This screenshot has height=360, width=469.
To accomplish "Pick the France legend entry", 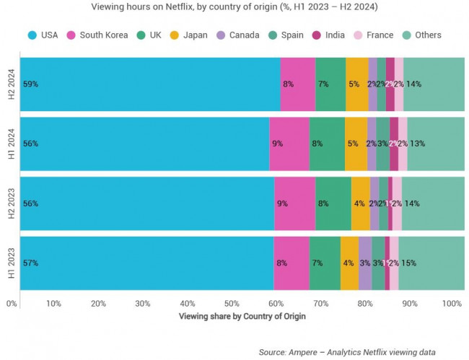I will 374,35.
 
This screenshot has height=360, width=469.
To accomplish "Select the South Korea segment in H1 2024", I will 289,143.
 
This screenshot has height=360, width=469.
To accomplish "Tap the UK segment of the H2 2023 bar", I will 333,203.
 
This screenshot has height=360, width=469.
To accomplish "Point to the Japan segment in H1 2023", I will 349,263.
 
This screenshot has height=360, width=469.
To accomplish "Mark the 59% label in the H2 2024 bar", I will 30,84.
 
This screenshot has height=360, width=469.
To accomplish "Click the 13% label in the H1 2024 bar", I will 417,143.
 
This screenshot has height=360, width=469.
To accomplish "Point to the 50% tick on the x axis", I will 232,303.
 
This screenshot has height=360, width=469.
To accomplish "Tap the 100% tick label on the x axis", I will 452,303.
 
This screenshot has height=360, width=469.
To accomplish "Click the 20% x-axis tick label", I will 98,303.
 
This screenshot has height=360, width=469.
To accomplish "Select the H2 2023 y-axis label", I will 12,203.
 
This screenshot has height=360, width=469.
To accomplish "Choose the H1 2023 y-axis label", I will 12,263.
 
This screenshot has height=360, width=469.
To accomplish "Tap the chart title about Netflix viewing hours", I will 234,7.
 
